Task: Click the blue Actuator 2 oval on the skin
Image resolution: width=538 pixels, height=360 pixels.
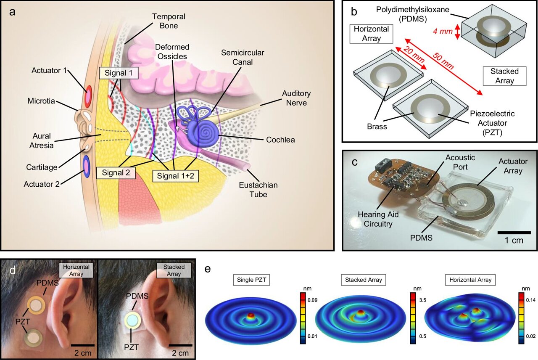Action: pyautogui.click(x=87, y=165)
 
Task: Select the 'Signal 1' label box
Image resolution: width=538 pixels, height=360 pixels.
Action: pyautogui.click(x=119, y=73)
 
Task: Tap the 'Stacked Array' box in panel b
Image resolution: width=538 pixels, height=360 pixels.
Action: pyautogui.click(x=504, y=76)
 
